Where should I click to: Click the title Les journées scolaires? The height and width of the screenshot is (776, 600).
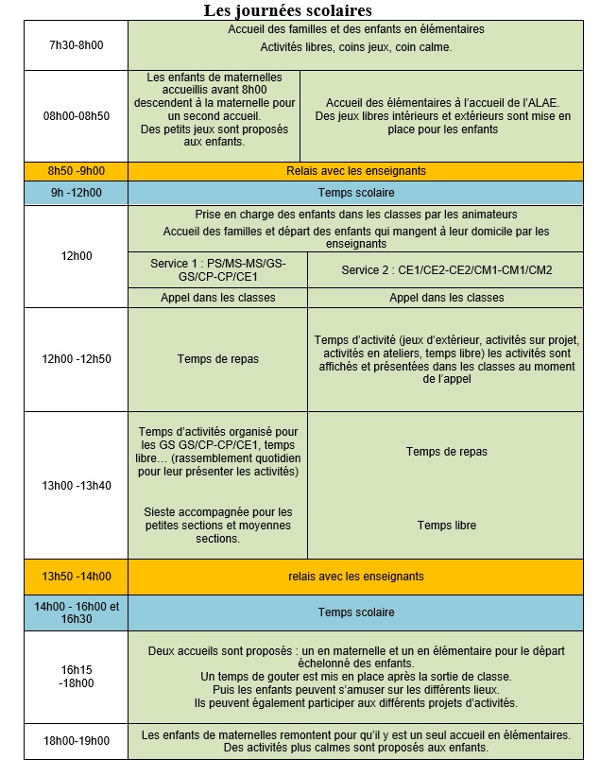(x=288, y=10)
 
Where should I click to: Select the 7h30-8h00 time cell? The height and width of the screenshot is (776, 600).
(x=76, y=44)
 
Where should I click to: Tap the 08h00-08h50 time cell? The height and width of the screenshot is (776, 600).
(x=76, y=115)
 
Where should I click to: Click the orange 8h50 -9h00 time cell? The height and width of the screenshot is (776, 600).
(x=76, y=171)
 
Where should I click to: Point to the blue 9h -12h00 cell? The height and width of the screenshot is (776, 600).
(x=76, y=193)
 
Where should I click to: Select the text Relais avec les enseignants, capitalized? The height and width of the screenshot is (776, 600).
(x=356, y=171)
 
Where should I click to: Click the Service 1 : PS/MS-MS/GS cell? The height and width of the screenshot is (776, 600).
(x=217, y=269)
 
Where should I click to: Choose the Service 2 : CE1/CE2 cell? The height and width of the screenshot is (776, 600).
(x=446, y=269)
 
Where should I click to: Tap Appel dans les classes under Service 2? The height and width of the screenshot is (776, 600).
(x=446, y=298)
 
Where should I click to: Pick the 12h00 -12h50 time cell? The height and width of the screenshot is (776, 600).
(x=76, y=359)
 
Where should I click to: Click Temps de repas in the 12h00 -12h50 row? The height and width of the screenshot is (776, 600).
(x=217, y=359)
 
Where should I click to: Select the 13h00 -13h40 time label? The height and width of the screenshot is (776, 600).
(x=76, y=486)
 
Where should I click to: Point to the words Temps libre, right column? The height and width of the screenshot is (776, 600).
(x=446, y=526)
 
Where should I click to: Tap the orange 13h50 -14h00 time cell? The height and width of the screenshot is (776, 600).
(x=76, y=577)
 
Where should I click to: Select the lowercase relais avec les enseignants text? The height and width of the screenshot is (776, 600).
(x=356, y=577)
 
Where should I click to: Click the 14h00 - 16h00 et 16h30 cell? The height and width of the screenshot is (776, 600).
(x=76, y=612)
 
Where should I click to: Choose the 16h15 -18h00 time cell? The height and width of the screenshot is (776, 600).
(x=76, y=676)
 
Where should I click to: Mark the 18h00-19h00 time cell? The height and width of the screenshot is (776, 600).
(x=76, y=741)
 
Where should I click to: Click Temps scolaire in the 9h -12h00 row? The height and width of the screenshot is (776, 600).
(x=356, y=193)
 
